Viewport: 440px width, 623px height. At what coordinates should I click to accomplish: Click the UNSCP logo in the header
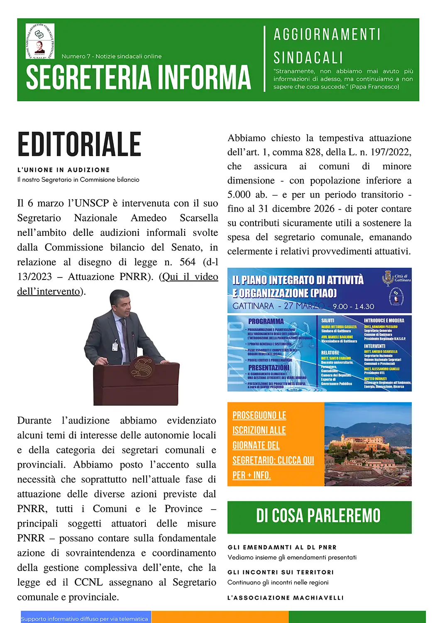click(40, 41)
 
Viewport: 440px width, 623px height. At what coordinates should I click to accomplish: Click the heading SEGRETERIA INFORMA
click(138, 77)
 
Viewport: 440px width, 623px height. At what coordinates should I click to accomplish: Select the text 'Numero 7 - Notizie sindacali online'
click(111, 56)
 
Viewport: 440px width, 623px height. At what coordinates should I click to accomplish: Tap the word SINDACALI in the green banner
click(308, 58)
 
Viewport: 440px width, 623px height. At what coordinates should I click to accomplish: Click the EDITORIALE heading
click(79, 144)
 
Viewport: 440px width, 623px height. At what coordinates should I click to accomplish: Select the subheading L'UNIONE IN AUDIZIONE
click(64, 170)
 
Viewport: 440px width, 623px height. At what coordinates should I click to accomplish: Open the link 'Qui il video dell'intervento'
click(190, 277)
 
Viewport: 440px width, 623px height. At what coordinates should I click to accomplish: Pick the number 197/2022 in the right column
click(391, 152)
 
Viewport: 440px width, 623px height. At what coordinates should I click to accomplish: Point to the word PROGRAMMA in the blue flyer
click(266, 321)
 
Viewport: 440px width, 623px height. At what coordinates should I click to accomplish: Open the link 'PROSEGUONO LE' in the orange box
click(259, 415)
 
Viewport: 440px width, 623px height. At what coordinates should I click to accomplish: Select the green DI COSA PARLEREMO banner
click(319, 516)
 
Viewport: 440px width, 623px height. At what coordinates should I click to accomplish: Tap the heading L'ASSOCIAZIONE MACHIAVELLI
click(286, 598)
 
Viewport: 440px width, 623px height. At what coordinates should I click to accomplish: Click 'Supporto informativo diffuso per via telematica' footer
click(85, 618)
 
